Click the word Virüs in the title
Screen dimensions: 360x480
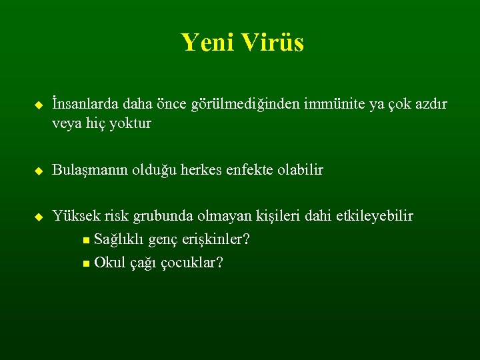273,43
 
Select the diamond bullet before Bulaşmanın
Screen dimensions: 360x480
38,171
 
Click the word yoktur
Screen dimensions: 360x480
129,124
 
